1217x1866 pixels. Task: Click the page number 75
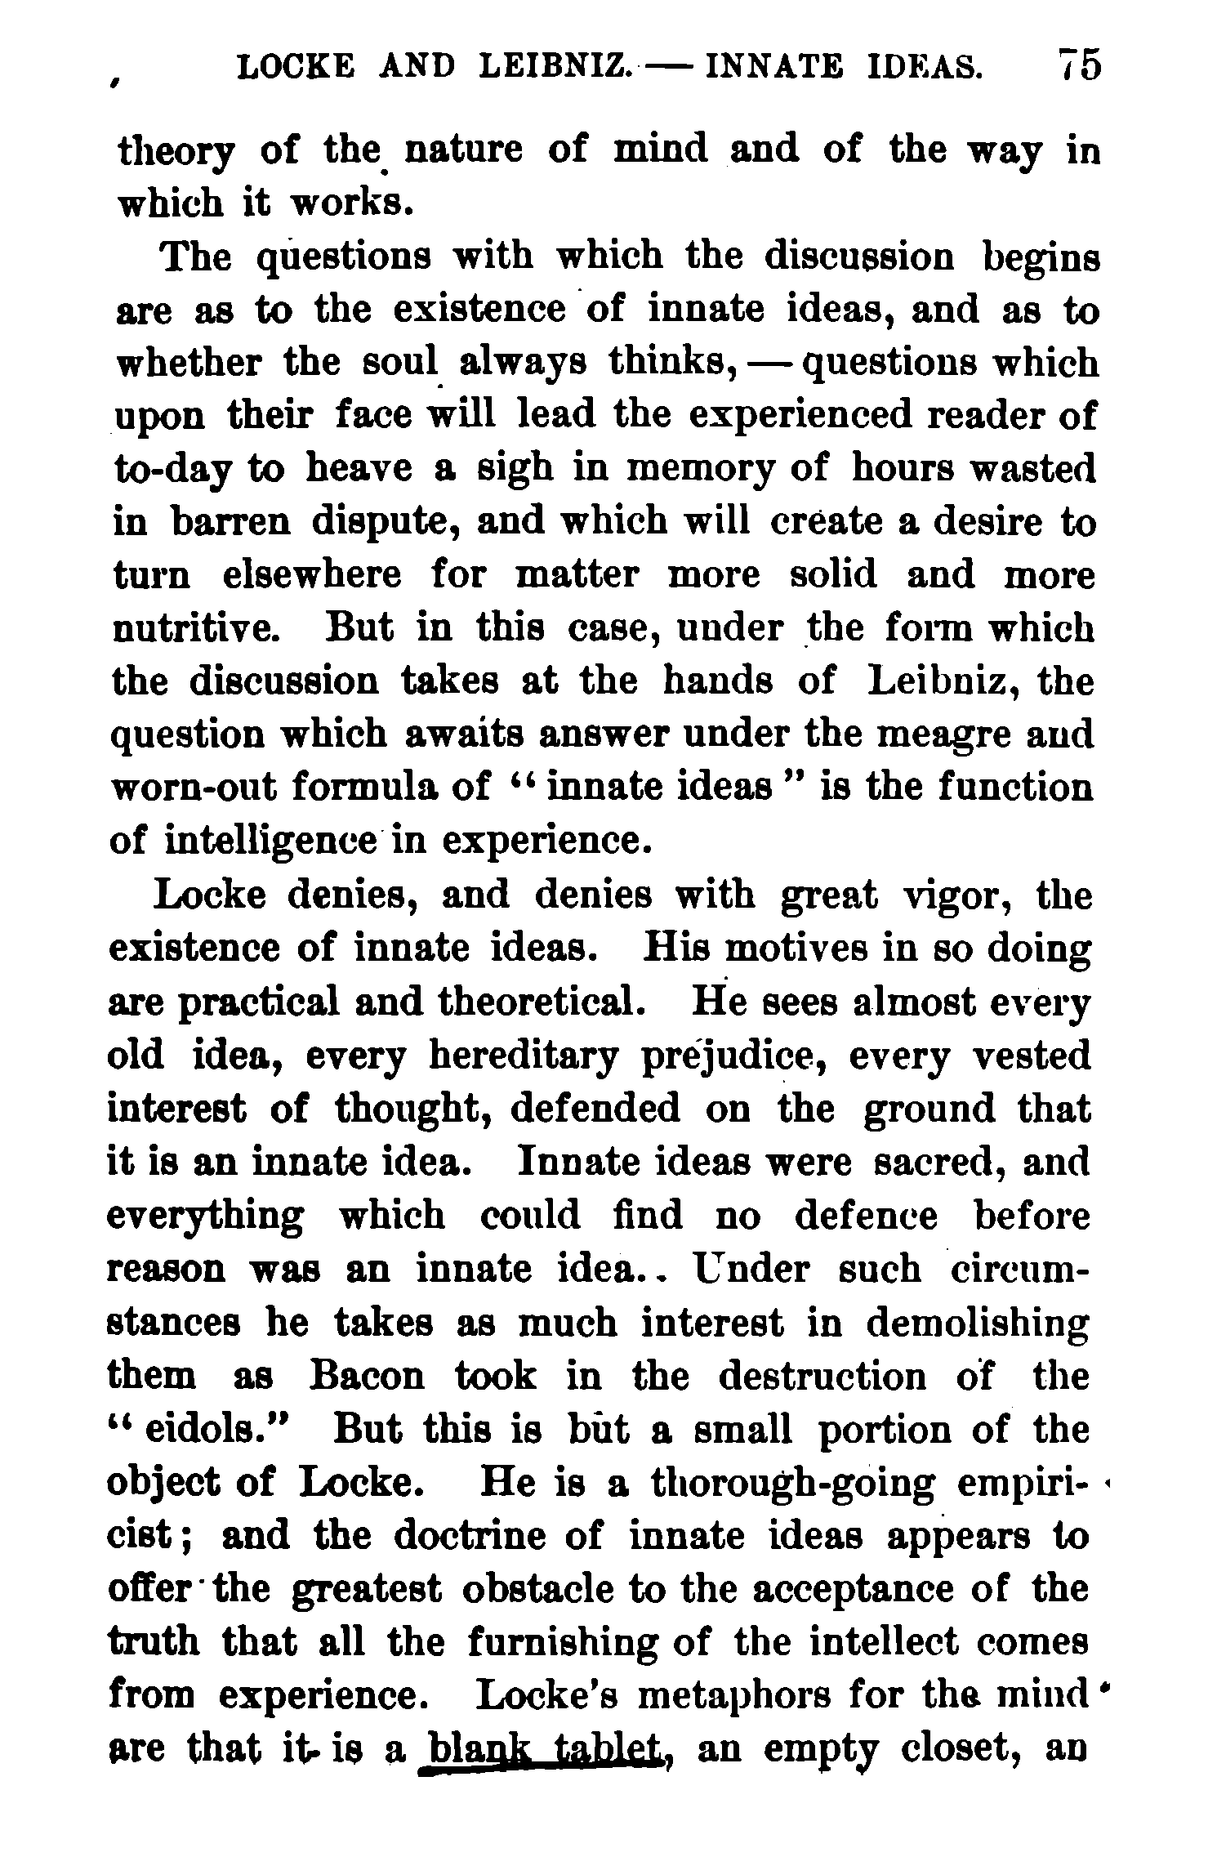[1078, 65]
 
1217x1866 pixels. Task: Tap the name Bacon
[368, 1377]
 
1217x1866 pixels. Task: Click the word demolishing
[977, 1324]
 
